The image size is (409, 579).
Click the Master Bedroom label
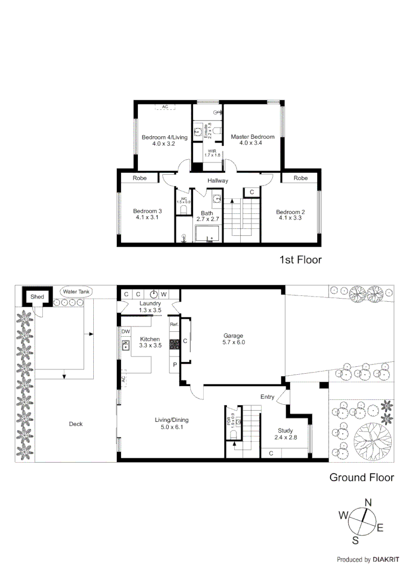click(252, 140)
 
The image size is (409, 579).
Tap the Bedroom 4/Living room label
click(164, 140)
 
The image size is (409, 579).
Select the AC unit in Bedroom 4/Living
click(165, 107)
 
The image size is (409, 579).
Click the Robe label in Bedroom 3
click(140, 178)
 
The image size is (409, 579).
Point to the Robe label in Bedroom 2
click(301, 178)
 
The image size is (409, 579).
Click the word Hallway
click(218, 181)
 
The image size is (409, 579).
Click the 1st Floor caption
click(300, 260)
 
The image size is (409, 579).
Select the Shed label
click(37, 297)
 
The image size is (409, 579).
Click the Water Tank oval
click(77, 292)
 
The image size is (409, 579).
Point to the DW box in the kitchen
click(125, 331)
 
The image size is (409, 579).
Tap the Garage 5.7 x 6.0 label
click(234, 339)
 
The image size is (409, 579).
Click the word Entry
click(267, 397)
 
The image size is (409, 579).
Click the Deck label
click(76, 424)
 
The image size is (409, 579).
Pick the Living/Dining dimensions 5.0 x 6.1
click(172, 427)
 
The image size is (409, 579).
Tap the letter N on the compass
click(368, 502)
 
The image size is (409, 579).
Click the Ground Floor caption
click(361, 477)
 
